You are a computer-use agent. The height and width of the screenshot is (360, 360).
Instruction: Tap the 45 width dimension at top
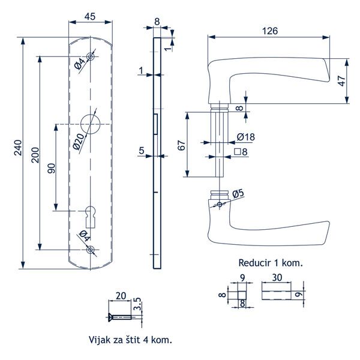91,16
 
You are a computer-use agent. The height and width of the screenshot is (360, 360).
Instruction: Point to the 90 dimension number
51,169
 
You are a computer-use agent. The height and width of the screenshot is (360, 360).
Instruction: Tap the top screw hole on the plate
91,56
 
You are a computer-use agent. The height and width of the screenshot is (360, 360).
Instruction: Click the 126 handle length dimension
270,31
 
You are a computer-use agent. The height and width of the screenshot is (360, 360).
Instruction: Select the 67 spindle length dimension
181,145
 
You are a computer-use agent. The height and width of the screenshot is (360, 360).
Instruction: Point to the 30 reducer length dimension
278,278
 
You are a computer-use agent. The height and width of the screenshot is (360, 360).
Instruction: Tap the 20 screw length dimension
120,295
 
